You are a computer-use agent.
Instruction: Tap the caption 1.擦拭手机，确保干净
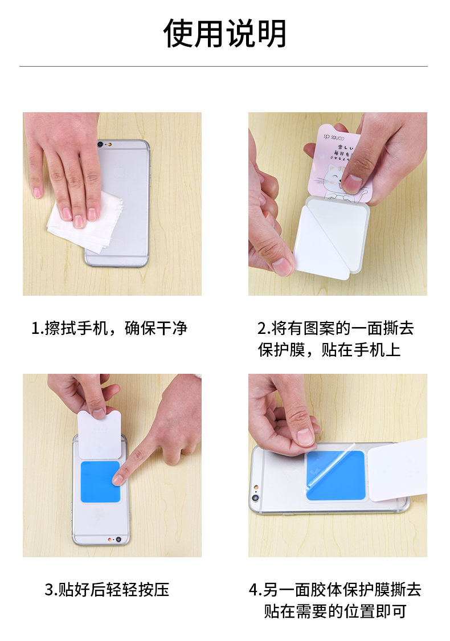(109, 328)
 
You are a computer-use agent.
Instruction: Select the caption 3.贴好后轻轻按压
(107, 590)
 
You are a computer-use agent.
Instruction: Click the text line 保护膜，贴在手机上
(329, 350)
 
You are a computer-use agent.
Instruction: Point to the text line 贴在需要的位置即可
(335, 611)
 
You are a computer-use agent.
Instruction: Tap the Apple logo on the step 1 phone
(118, 171)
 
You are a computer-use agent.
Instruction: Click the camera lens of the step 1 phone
(100, 144)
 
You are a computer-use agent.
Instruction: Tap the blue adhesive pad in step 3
(100, 481)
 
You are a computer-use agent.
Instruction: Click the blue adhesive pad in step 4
(336, 476)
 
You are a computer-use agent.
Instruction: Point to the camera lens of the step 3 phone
(118, 540)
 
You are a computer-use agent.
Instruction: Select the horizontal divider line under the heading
(223, 66)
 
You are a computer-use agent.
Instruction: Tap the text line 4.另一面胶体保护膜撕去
(335, 590)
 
